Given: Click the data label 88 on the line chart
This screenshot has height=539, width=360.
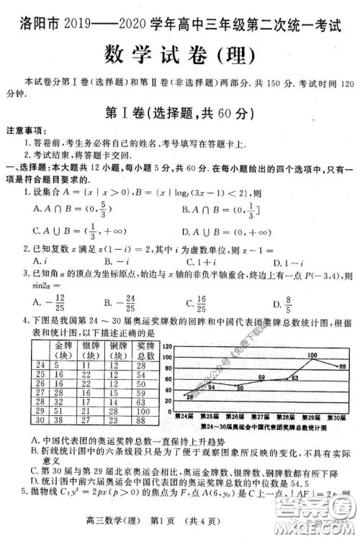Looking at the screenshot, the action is pos(342,365).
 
